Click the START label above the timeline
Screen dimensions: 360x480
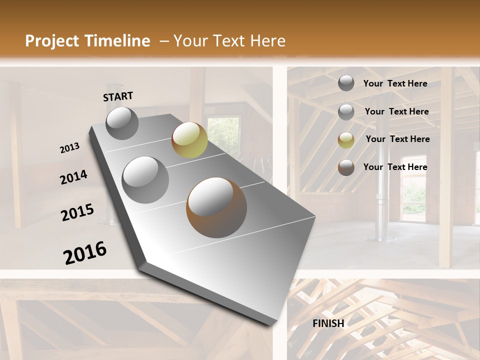pyautogui.click(x=118, y=96)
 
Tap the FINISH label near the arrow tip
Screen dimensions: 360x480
pyautogui.click(x=328, y=323)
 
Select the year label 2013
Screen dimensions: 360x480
pyautogui.click(x=69, y=148)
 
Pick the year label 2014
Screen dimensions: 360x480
pyautogui.click(x=73, y=177)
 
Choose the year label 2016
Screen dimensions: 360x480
pyautogui.click(x=85, y=253)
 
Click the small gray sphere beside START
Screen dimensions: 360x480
pyautogui.click(x=122, y=122)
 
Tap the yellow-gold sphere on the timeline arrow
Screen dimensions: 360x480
pyautogui.click(x=189, y=139)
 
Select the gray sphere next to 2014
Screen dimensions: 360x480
pyautogui.click(x=145, y=179)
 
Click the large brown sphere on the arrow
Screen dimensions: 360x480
pyautogui.click(x=216, y=207)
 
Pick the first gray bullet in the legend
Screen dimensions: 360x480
pyautogui.click(x=346, y=83)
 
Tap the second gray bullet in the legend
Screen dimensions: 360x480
pyautogui.click(x=346, y=112)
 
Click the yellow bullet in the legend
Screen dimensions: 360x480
pyautogui.click(x=346, y=140)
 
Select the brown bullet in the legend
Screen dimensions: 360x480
pyautogui.click(x=346, y=167)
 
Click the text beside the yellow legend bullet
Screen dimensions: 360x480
pyautogui.click(x=397, y=139)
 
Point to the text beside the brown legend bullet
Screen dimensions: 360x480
pyautogui.click(x=395, y=167)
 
